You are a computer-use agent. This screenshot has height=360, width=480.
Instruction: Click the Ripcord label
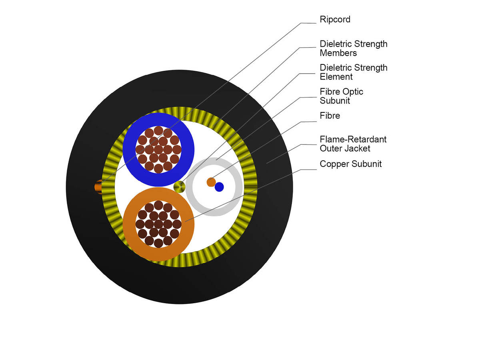(335, 19)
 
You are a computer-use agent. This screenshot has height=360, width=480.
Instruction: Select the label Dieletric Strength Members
(353, 48)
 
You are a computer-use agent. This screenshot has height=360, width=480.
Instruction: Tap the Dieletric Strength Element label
(353, 72)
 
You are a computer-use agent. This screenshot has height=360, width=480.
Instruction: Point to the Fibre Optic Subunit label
(341, 96)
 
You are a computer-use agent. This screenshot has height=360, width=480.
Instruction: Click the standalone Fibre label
(330, 116)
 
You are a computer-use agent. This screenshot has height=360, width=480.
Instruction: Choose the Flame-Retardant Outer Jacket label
(353, 144)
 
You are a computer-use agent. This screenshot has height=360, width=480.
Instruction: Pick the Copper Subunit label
(350, 164)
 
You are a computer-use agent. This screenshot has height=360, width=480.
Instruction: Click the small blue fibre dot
(219, 187)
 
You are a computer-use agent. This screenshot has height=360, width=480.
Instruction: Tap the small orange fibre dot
(211, 182)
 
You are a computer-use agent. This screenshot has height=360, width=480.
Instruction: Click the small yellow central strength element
(180, 186)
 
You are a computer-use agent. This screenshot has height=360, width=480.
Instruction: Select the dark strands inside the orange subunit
(158, 224)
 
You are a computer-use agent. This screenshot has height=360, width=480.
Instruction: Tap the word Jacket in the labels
(358, 148)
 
